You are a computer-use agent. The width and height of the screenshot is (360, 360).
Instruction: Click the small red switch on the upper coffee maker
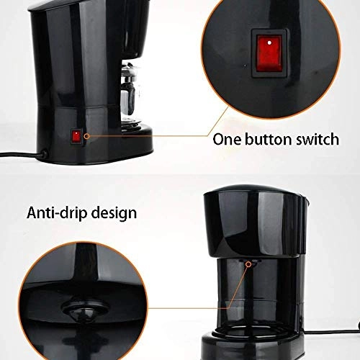[x=75, y=135]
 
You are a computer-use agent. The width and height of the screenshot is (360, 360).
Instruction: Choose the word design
[x=115, y=214]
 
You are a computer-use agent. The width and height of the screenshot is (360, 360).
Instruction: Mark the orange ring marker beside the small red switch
[x=85, y=135]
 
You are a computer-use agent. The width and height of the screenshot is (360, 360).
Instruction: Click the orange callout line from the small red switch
[x=144, y=135]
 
